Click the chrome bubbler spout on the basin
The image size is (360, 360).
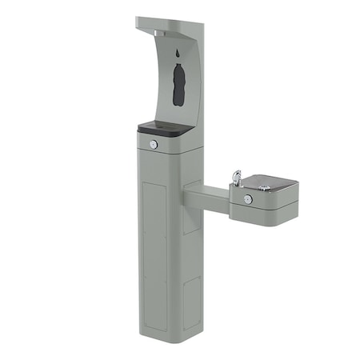click(236, 176)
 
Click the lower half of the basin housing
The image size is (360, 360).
click(264, 211)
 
